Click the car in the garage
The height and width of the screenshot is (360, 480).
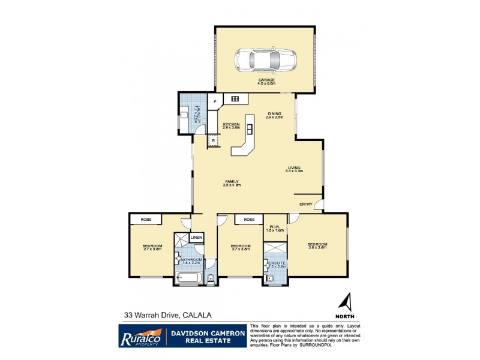pos(266,59)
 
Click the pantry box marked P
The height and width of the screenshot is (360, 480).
pos(214,102)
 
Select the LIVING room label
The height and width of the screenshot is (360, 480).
pos(293,169)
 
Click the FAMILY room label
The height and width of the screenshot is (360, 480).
pos(232,182)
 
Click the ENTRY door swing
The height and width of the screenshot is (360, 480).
pos(319,205)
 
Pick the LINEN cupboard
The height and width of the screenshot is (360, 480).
pos(196,238)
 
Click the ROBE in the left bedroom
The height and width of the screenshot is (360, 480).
pos(146,220)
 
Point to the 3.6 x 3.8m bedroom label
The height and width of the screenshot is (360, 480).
pos(316,245)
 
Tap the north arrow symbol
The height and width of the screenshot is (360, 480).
pos(346,302)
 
